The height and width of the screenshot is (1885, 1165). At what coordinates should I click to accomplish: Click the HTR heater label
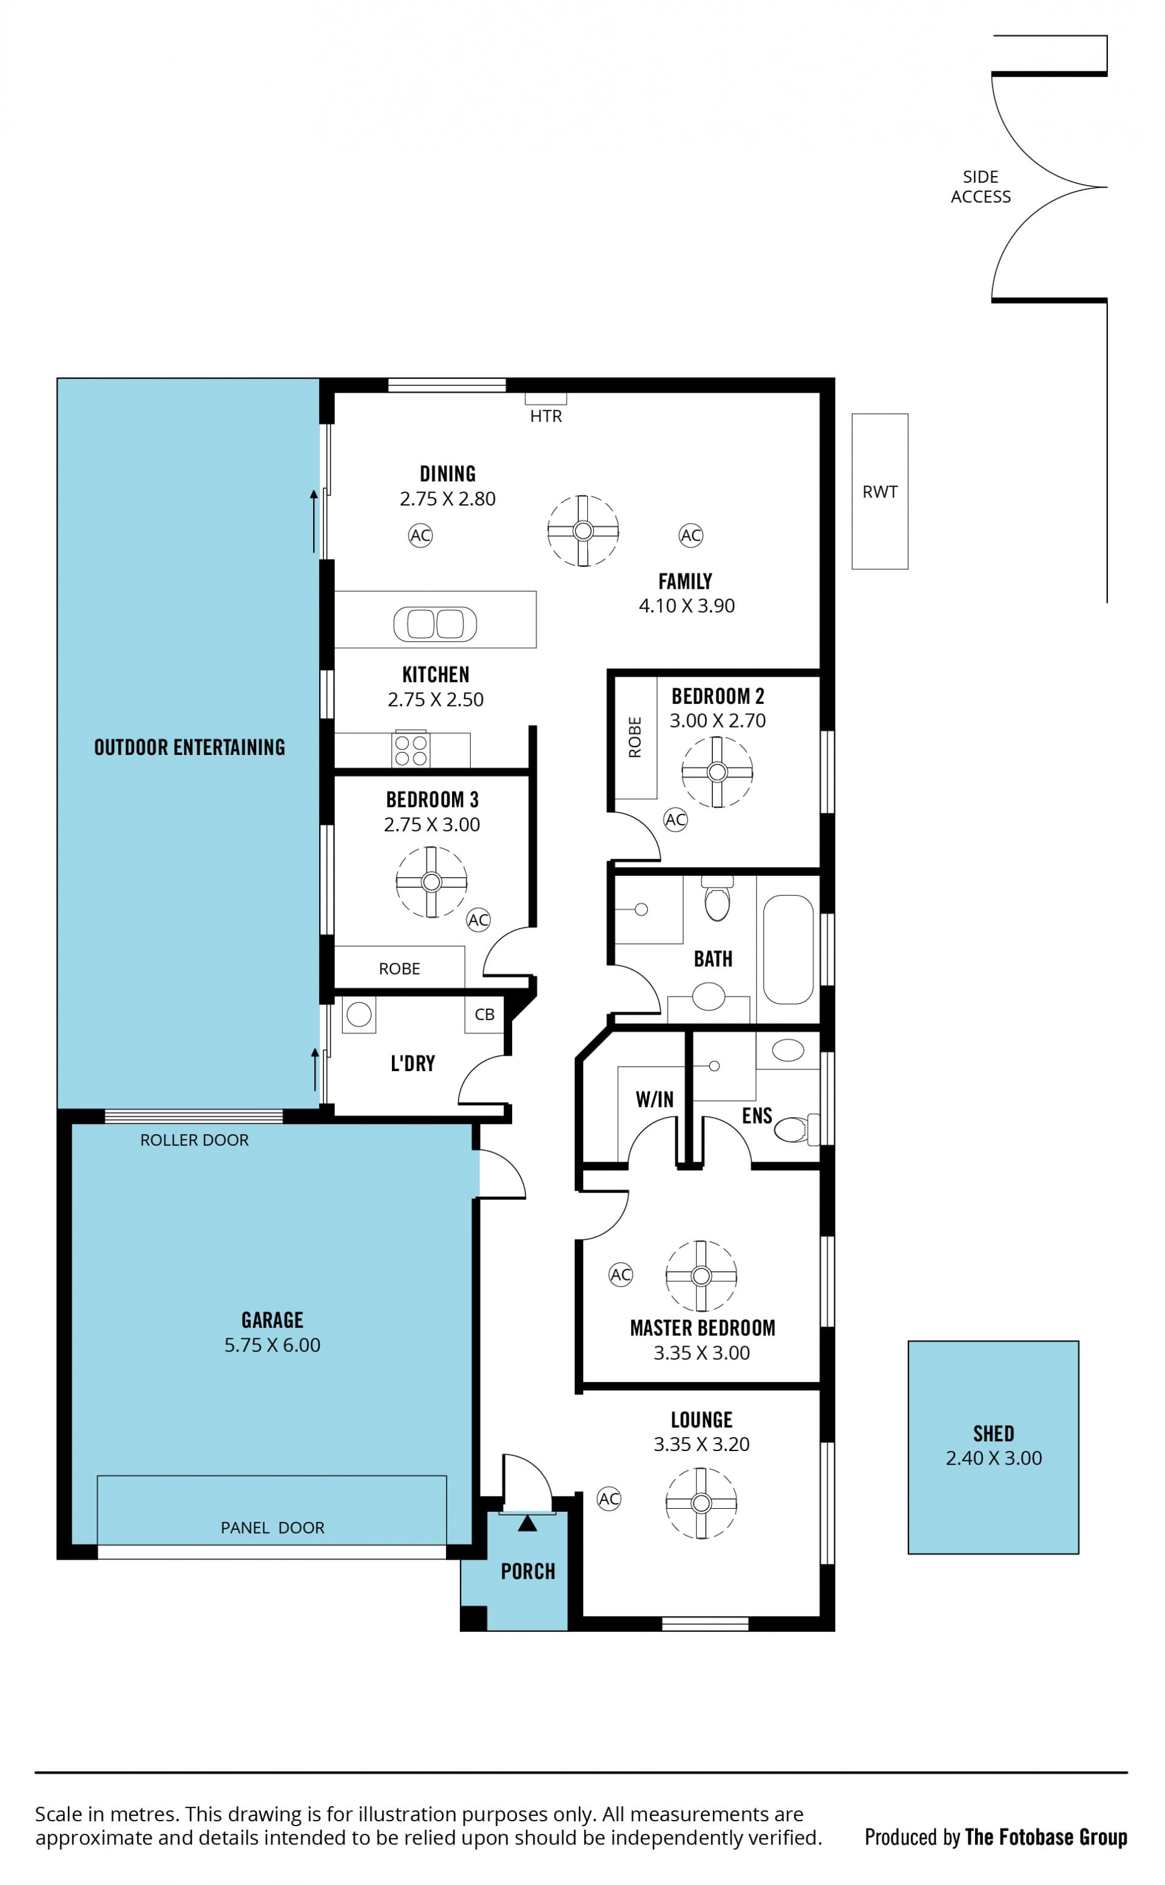pyautogui.click(x=545, y=416)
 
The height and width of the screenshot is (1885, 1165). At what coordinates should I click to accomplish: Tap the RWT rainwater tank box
pyautogui.click(x=879, y=491)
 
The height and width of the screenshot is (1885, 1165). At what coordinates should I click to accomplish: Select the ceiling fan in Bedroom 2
pyautogui.click(x=717, y=771)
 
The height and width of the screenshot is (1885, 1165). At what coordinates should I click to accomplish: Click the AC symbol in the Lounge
pyautogui.click(x=609, y=1498)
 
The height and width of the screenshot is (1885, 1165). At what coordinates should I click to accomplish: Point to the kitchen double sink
pyautogui.click(x=434, y=623)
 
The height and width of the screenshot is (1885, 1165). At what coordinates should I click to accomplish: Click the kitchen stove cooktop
pyautogui.click(x=411, y=749)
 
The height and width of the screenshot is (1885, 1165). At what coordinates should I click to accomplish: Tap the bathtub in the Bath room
pyautogui.click(x=788, y=949)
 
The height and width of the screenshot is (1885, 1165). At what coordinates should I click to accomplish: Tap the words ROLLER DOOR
pyautogui.click(x=194, y=1140)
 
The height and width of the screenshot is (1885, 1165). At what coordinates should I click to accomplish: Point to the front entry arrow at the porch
pyautogui.click(x=527, y=1523)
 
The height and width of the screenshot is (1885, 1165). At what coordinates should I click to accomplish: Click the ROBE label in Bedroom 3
pyautogui.click(x=399, y=969)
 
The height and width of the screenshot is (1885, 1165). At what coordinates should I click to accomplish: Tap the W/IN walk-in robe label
pyautogui.click(x=654, y=1099)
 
